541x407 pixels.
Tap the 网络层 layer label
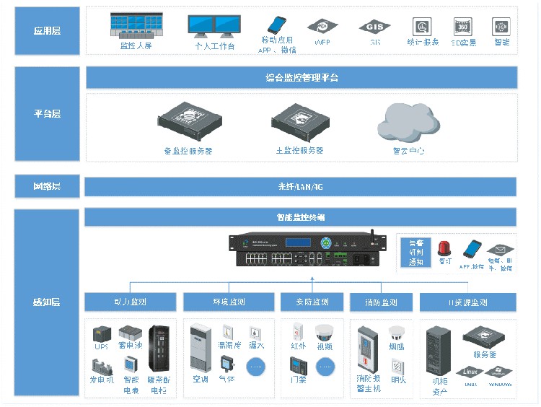(47, 186)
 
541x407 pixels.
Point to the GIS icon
(374, 27)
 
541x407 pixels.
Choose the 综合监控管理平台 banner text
(302, 77)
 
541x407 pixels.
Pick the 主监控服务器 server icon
(299, 124)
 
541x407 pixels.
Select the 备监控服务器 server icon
(189, 123)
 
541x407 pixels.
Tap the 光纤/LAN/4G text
(301, 187)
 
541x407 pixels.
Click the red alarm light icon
(444, 250)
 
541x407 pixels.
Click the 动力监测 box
(130, 302)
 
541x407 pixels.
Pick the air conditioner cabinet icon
(200, 349)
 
